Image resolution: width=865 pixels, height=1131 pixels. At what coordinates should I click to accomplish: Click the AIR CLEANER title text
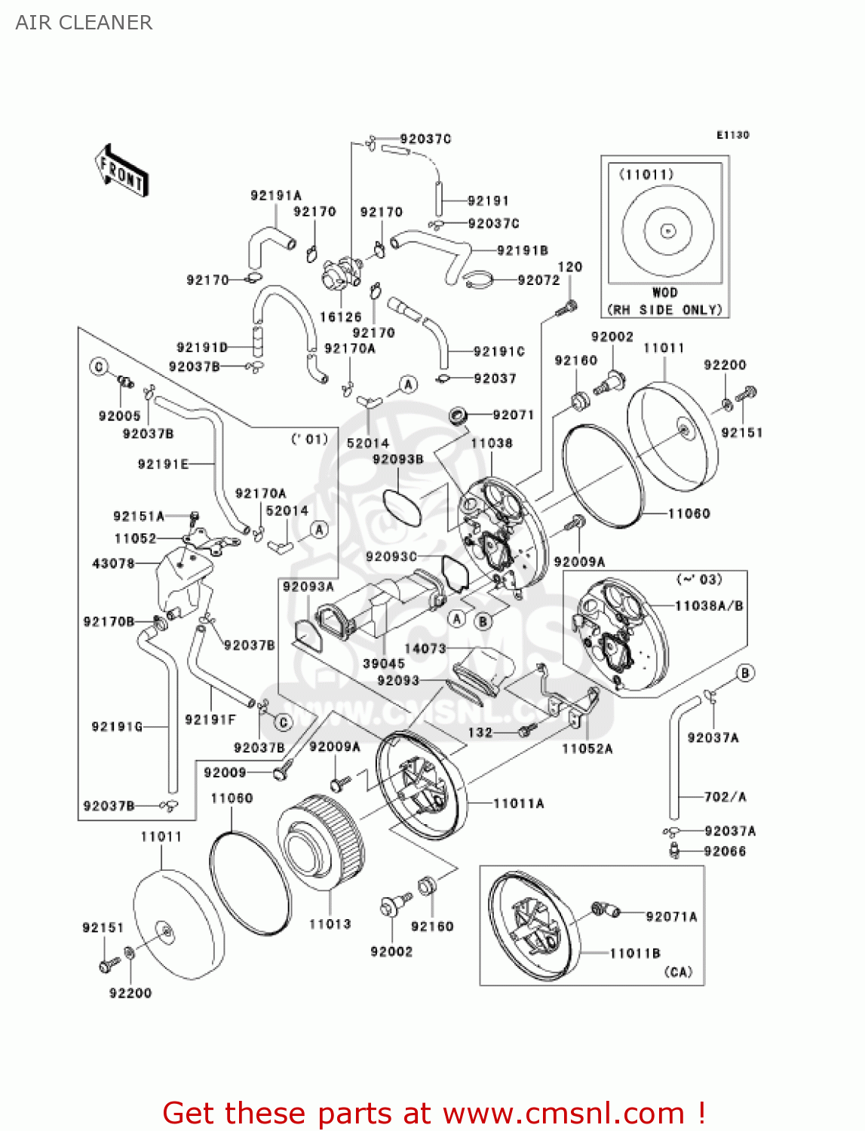pyautogui.click(x=84, y=23)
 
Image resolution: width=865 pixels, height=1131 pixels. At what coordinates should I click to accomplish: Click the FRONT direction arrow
pyautogui.click(x=121, y=171)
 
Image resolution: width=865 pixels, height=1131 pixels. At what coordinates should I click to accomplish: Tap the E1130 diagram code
pyautogui.click(x=732, y=135)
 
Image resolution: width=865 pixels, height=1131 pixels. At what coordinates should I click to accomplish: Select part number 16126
pyautogui.click(x=340, y=317)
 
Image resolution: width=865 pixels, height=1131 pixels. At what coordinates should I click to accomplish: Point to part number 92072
pyautogui.click(x=538, y=280)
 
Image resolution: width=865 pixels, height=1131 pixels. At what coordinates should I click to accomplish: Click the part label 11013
pyautogui.click(x=330, y=924)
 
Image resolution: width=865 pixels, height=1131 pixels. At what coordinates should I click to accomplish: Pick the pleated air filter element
pyautogui.click(x=321, y=841)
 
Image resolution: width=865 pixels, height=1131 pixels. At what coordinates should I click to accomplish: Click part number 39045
pyautogui.click(x=383, y=664)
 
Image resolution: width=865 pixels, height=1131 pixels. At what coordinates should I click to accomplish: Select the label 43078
pyautogui.click(x=113, y=563)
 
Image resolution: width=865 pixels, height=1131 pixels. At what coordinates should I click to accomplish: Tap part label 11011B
pyautogui.click(x=635, y=954)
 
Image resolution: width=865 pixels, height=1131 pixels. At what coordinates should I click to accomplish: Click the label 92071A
pyautogui.click(x=671, y=917)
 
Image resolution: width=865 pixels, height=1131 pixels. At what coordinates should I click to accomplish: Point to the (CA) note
pyautogui.click(x=678, y=972)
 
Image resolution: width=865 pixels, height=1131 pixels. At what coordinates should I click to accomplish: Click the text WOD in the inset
pyautogui.click(x=664, y=293)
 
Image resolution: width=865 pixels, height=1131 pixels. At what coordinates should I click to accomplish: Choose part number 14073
pyautogui.click(x=425, y=648)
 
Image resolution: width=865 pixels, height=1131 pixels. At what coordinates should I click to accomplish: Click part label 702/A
pyautogui.click(x=725, y=796)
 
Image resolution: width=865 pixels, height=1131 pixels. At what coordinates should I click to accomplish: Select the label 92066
pyautogui.click(x=724, y=851)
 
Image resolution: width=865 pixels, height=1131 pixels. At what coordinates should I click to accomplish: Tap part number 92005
pyautogui.click(x=119, y=416)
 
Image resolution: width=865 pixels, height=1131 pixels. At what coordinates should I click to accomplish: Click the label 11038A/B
pyautogui.click(x=708, y=605)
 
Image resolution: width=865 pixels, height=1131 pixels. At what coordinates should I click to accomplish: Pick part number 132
pyautogui.click(x=480, y=732)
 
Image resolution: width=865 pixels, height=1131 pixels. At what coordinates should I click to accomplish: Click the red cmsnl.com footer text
pyautogui.click(x=434, y=1113)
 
